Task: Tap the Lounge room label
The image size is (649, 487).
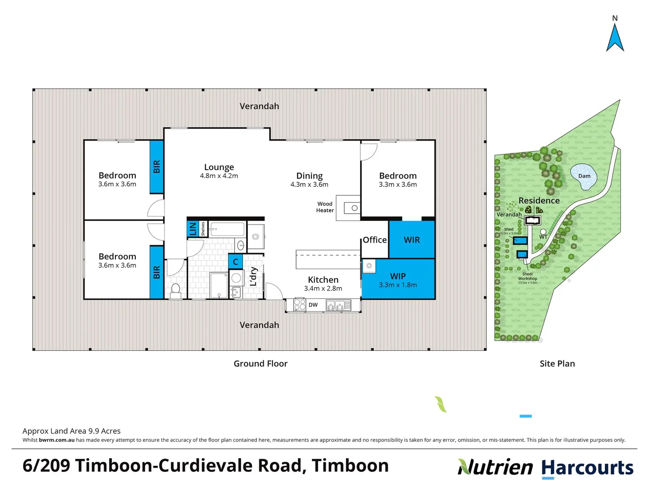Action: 219,167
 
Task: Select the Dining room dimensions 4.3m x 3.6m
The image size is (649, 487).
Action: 309,184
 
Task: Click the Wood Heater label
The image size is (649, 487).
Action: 325,207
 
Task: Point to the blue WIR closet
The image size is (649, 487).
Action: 411,240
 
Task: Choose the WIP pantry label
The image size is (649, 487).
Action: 398,276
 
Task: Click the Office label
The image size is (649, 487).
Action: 375,240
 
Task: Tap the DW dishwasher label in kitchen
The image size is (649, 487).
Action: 313,305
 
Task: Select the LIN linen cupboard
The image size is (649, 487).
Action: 193,229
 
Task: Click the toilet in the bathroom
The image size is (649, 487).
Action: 176,290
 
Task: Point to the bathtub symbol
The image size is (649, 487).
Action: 227,230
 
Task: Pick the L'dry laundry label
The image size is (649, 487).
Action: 253,276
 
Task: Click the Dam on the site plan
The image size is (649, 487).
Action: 584,176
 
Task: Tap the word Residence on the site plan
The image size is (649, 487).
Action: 539,201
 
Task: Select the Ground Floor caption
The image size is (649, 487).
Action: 261,363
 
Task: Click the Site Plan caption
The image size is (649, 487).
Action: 557,363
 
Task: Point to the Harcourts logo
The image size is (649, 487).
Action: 587,468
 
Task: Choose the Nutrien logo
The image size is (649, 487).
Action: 495,467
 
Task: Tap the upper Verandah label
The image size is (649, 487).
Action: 259,106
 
